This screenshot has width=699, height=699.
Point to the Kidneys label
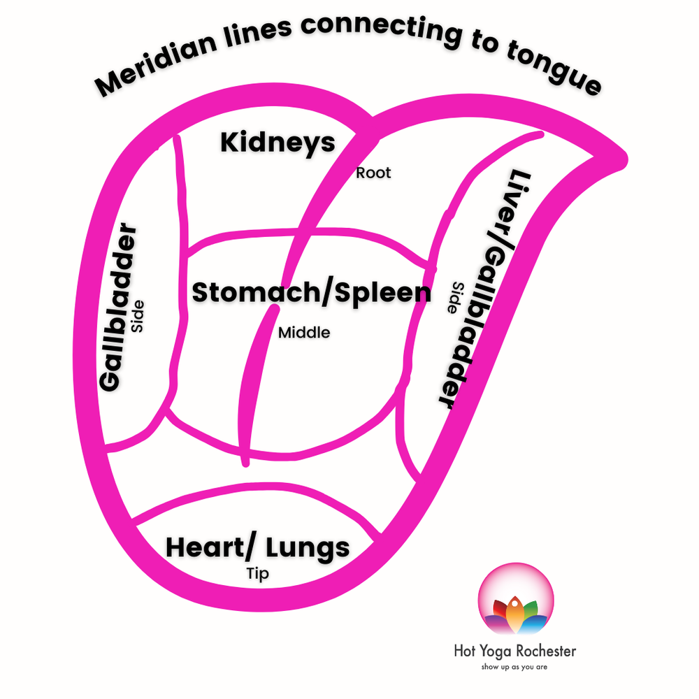click(x=278, y=143)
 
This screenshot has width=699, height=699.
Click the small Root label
click(x=373, y=172)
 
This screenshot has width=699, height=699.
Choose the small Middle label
click(x=304, y=333)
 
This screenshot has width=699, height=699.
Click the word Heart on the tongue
click(x=199, y=547)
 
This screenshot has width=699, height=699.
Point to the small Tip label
click(x=257, y=574)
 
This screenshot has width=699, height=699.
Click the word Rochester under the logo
click(x=542, y=651)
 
